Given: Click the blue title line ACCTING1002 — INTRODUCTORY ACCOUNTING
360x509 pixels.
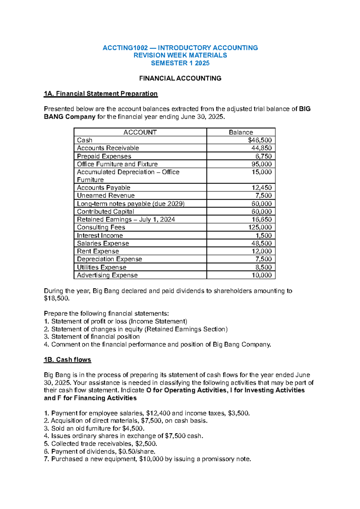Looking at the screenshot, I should pos(180,48).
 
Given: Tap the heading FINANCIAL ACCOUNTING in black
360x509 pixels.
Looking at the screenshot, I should pos(180,78).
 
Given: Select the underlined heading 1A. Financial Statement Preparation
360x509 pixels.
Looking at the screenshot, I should pos(100,94).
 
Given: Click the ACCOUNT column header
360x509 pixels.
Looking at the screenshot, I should pos(140,132).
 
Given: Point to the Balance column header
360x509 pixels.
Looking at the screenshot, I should pos(241,132).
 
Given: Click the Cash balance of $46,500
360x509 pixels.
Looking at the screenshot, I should pos(260,140).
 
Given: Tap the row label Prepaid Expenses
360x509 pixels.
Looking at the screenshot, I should pos(104,156).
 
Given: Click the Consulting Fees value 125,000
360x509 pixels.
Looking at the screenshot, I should pos(260,227).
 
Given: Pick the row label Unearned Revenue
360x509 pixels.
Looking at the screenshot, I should pos(106,195).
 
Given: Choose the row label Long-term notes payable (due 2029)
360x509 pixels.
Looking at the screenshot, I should pos(130,203).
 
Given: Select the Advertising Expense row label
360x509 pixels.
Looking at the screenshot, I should pos(107,275).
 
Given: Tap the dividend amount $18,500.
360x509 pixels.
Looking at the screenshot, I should pos(56,298).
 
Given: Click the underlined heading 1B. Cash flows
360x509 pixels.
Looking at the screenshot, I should pos(67,360).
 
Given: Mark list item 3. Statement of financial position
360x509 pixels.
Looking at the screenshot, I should pos(92,336).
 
